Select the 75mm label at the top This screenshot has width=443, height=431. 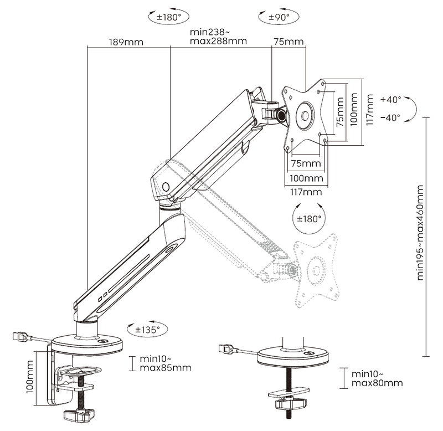[288, 42]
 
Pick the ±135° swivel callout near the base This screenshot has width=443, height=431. [147, 329]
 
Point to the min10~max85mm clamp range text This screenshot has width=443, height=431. [166, 363]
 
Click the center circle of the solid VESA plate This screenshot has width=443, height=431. [305, 116]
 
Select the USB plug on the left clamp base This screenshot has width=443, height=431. [20, 336]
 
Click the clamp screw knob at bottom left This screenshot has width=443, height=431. [78, 414]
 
